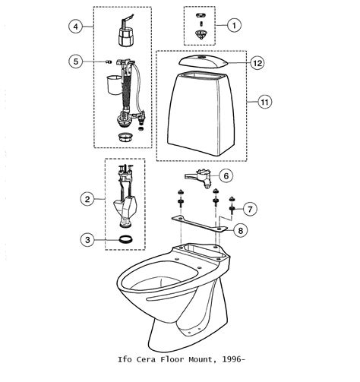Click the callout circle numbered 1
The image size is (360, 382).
(234, 25)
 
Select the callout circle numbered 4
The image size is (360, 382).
(76, 27)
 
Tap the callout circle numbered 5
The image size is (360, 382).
(76, 62)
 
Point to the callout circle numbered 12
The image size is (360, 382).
(257, 63)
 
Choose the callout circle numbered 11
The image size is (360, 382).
(265, 102)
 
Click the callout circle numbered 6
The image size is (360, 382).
(226, 175)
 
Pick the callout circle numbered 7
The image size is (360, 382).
(250, 209)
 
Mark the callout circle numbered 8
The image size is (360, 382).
(241, 230)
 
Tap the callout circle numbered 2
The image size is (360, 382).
(87, 199)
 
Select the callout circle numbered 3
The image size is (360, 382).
(87, 239)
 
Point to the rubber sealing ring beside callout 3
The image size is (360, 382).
(125, 239)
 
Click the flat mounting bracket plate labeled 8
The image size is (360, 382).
(200, 224)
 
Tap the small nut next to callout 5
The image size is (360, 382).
(109, 62)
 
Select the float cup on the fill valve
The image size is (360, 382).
(115, 84)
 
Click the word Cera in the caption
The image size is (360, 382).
(146, 359)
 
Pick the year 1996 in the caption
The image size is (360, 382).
(232, 359)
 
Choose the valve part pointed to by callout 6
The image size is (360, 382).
(197, 178)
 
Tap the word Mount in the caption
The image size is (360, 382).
(201, 359)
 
